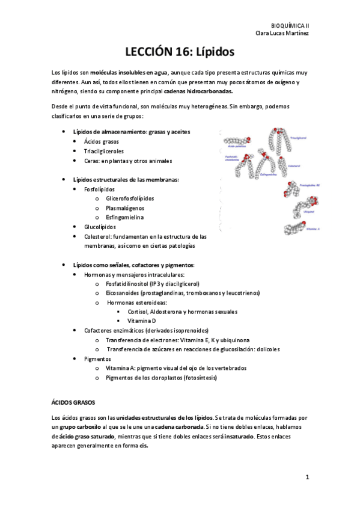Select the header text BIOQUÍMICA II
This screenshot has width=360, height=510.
click(290, 26)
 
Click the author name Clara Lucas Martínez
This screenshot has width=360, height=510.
click(282, 33)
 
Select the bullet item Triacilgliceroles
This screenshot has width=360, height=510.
click(104, 151)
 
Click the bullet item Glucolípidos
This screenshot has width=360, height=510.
click(100, 227)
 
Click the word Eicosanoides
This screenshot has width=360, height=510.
click(123, 293)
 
